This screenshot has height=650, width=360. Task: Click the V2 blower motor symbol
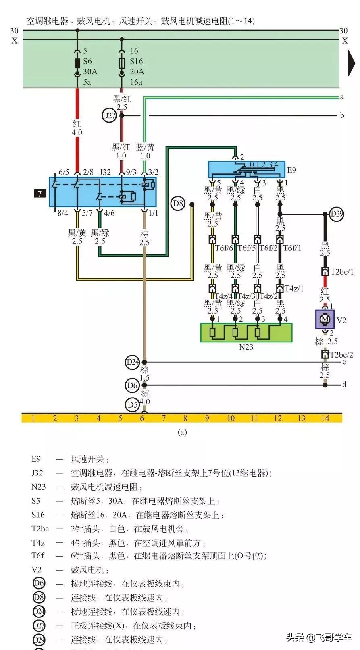[x=325, y=319]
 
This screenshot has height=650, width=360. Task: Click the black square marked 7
[x=40, y=194]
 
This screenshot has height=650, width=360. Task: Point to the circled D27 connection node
[x=109, y=116]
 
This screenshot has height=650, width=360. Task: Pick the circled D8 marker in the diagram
[x=178, y=204]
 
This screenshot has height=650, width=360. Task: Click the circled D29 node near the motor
[x=337, y=214]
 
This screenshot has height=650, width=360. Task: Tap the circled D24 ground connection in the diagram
[x=133, y=362]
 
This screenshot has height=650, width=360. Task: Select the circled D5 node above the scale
[x=133, y=404]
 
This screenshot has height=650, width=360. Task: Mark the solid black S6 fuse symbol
[x=77, y=63]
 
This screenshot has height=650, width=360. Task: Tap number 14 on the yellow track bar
[x=325, y=418]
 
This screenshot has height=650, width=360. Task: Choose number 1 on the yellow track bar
[x=33, y=418]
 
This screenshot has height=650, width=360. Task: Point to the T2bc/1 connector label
[x=342, y=272]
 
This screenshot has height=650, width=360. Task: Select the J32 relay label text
[x=105, y=172]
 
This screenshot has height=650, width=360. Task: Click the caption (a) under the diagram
[x=182, y=432]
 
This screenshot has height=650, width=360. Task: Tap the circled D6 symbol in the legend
[x=39, y=583]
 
